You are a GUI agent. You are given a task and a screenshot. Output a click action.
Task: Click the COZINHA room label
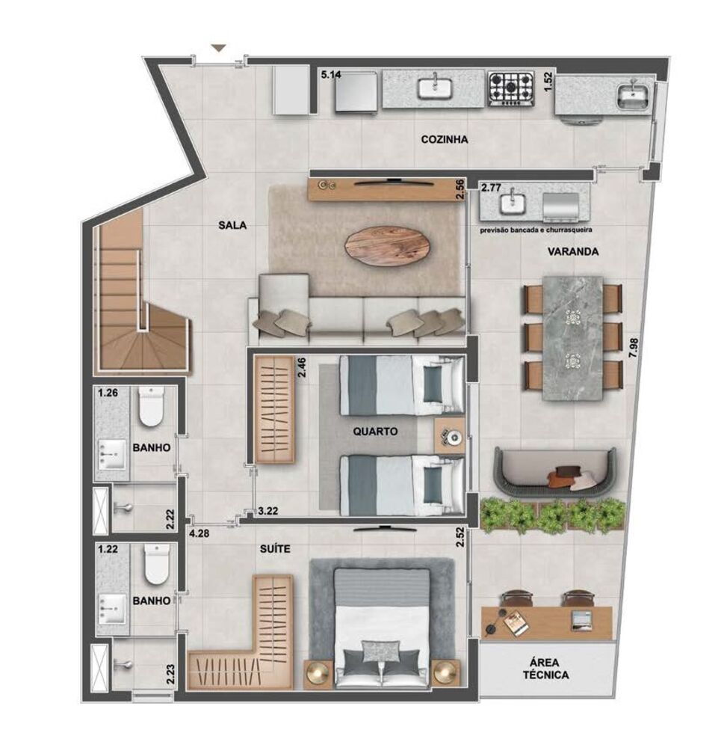[444, 139]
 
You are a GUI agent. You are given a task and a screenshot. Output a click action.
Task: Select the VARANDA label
[572, 252]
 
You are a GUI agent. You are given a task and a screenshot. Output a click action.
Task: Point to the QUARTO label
[376, 432]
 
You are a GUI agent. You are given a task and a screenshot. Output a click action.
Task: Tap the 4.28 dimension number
[199, 534]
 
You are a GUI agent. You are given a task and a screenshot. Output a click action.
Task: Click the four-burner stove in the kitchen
[511, 88]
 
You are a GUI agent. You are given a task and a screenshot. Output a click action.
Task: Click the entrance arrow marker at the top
[218, 49]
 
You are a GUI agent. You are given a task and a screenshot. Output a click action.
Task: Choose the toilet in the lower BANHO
[157, 565]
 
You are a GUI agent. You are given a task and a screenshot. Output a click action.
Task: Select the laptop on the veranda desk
[581, 618]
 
